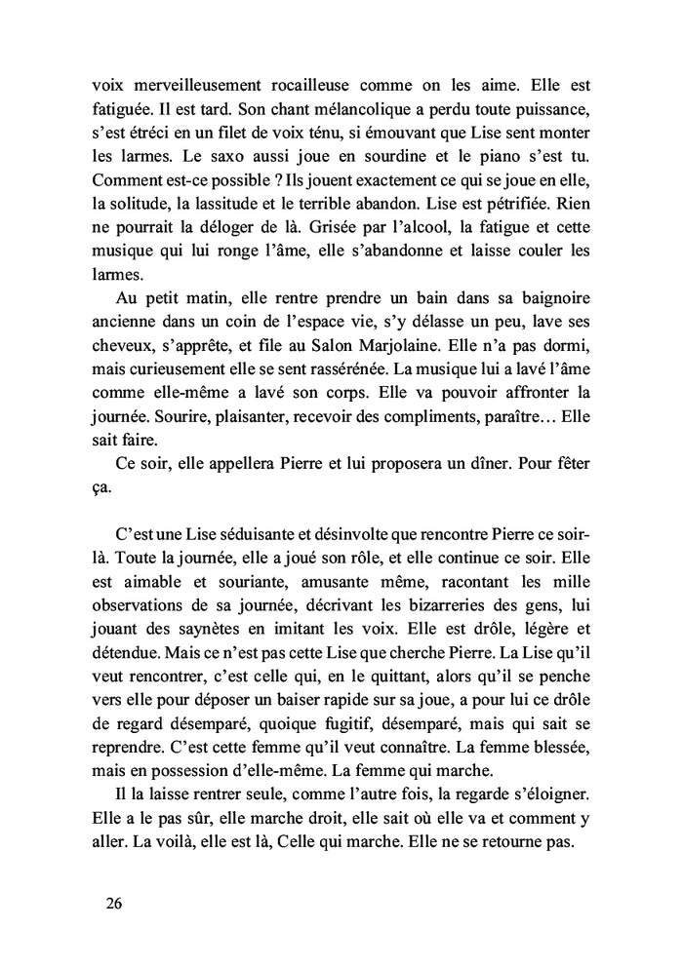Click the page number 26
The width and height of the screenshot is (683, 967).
click(x=113, y=903)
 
